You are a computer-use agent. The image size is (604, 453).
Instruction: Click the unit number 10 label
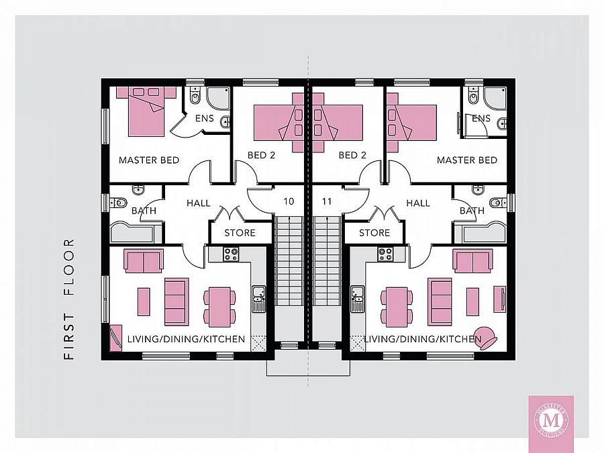click(x=289, y=201)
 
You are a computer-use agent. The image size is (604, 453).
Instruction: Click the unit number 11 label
click(x=327, y=201)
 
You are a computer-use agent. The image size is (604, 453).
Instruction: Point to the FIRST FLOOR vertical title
click(x=69, y=299)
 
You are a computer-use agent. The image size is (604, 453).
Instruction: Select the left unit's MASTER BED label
click(x=149, y=160)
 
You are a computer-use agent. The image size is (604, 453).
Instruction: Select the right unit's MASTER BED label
click(x=467, y=160)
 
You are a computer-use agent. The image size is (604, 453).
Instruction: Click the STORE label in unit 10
click(x=240, y=233)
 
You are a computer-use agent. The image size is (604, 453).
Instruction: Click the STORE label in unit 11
click(x=374, y=233)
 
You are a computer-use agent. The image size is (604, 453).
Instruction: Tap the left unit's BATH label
click(x=144, y=211)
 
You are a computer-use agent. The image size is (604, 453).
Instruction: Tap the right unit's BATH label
click(x=472, y=211)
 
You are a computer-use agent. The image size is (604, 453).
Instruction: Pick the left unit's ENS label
click(x=205, y=119)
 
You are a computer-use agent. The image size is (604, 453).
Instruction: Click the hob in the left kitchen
click(x=231, y=254)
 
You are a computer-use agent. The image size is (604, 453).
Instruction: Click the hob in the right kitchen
click(x=385, y=254)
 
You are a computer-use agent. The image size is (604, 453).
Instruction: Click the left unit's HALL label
click(x=199, y=203)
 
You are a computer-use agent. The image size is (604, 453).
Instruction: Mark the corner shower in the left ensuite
click(x=217, y=99)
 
